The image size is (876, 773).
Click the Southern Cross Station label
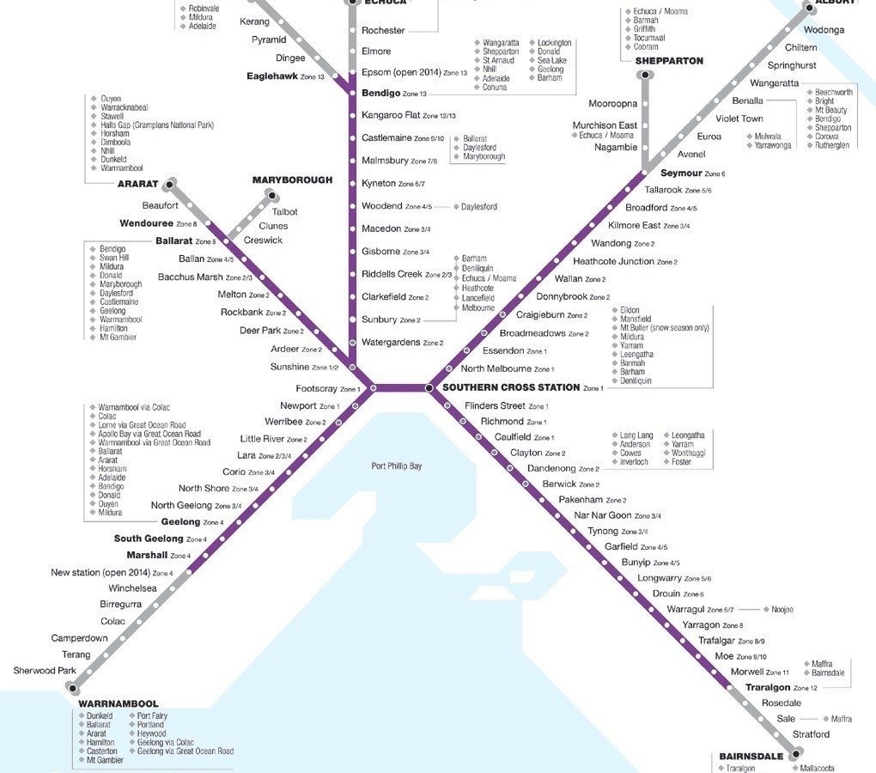pyautogui.click(x=511, y=387)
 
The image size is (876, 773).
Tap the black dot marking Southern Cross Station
pyautogui.click(x=429, y=388)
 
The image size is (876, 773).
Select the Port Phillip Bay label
pyautogui.click(x=397, y=466)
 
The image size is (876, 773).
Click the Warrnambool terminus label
pyautogui.click(x=119, y=703)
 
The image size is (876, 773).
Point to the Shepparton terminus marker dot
pyautogui.click(x=644, y=76)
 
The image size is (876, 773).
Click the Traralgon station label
pyautogui.click(x=767, y=688)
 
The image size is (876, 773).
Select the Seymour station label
pyautogui.click(x=681, y=173)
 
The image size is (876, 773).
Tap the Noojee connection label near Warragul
pyautogui.click(x=782, y=610)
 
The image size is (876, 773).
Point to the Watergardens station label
pyautogui.click(x=391, y=343)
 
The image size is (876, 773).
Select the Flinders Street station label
pyautogui.click(x=494, y=405)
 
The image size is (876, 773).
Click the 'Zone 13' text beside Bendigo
pyautogui.click(x=415, y=94)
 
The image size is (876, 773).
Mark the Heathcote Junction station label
pyautogui.click(x=613, y=261)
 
